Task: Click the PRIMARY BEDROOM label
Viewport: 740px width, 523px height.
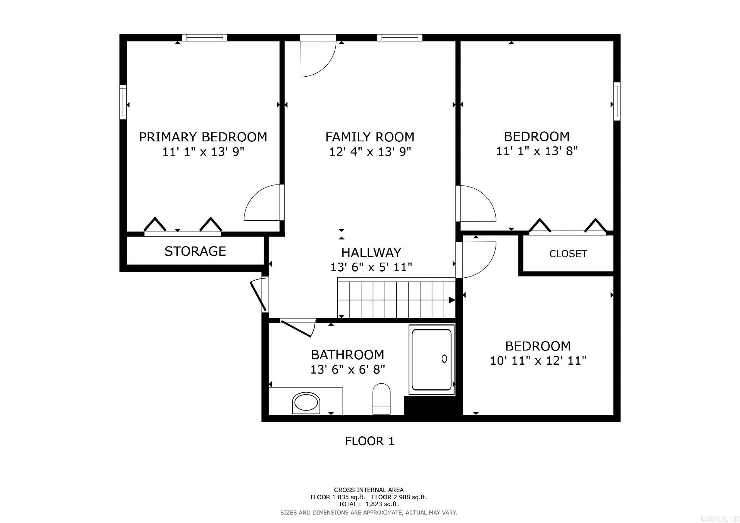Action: coord(203,137)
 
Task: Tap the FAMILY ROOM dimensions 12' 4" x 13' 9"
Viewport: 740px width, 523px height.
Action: coord(370,151)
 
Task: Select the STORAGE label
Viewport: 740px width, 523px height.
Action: coord(195,251)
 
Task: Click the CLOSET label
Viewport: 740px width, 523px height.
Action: coord(568,254)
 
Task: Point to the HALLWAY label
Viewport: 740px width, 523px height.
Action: coord(371,253)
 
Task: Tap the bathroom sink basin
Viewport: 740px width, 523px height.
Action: coord(306,403)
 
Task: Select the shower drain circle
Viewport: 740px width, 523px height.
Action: coord(444,359)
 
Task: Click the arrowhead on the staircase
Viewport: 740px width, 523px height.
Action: coord(451,300)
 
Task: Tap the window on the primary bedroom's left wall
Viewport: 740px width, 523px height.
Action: coord(123,102)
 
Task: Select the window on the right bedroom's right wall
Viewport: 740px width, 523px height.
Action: coord(617,101)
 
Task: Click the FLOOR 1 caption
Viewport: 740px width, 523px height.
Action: coord(370,441)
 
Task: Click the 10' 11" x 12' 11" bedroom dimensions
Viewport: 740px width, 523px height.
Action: coord(538,361)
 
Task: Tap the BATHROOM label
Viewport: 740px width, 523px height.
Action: coord(347,354)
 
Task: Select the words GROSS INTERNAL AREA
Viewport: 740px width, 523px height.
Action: coord(368,490)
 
